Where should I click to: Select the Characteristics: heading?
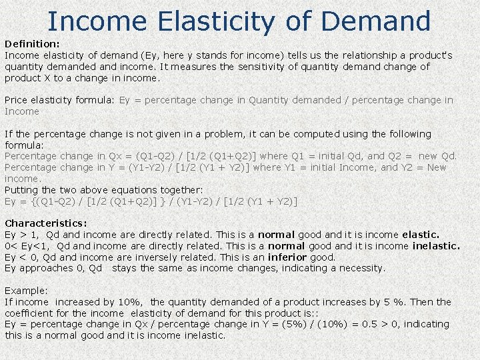[x=46, y=223]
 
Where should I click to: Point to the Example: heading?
[x=26, y=291]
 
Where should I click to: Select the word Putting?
[x=21, y=190]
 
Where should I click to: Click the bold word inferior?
[x=287, y=257]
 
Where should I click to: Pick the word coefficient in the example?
[x=29, y=313]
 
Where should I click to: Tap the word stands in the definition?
[x=205, y=55]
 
